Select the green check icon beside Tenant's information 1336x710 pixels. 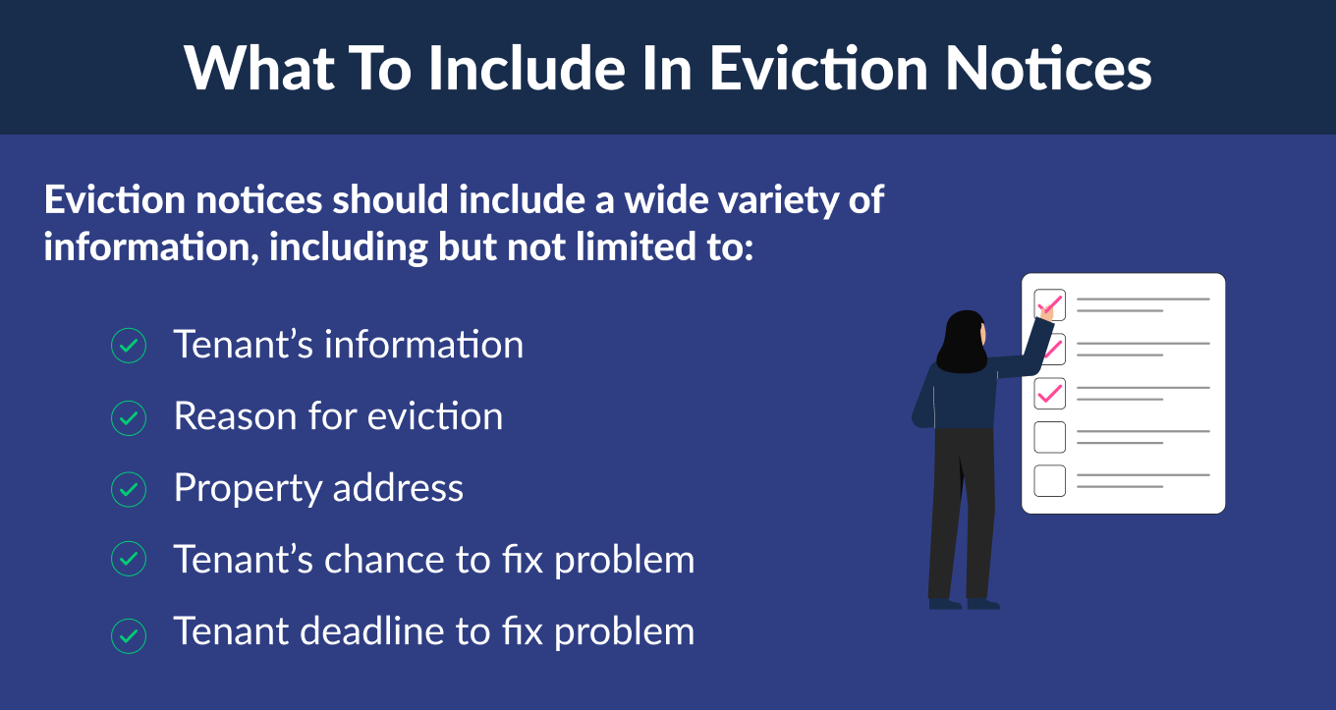pos(129,347)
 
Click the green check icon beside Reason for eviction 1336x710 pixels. pos(129,418)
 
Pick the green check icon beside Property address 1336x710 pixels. pos(129,489)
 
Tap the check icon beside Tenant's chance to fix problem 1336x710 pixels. pos(129,561)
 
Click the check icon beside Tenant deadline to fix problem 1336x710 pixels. pos(129,632)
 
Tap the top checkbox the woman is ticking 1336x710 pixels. pos(1049,304)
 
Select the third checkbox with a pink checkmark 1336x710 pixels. pos(1049,393)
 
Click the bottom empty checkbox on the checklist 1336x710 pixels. pos(1049,480)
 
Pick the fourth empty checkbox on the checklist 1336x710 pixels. pos(1049,436)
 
